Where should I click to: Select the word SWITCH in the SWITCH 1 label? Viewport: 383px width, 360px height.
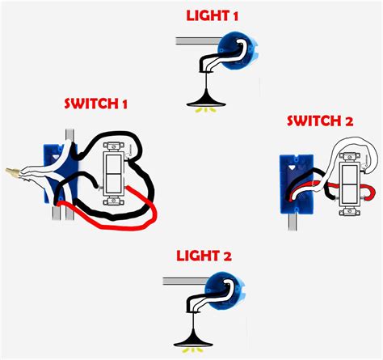[90, 105]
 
